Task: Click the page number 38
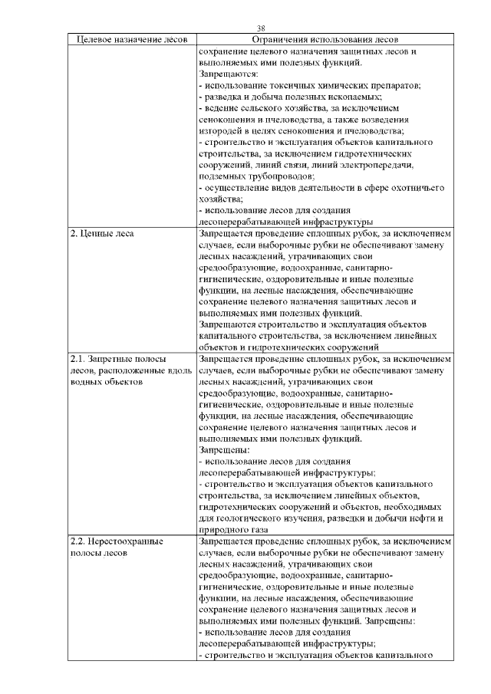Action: pyautogui.click(x=260, y=28)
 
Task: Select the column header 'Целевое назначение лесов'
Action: pyautogui.click(x=132, y=40)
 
